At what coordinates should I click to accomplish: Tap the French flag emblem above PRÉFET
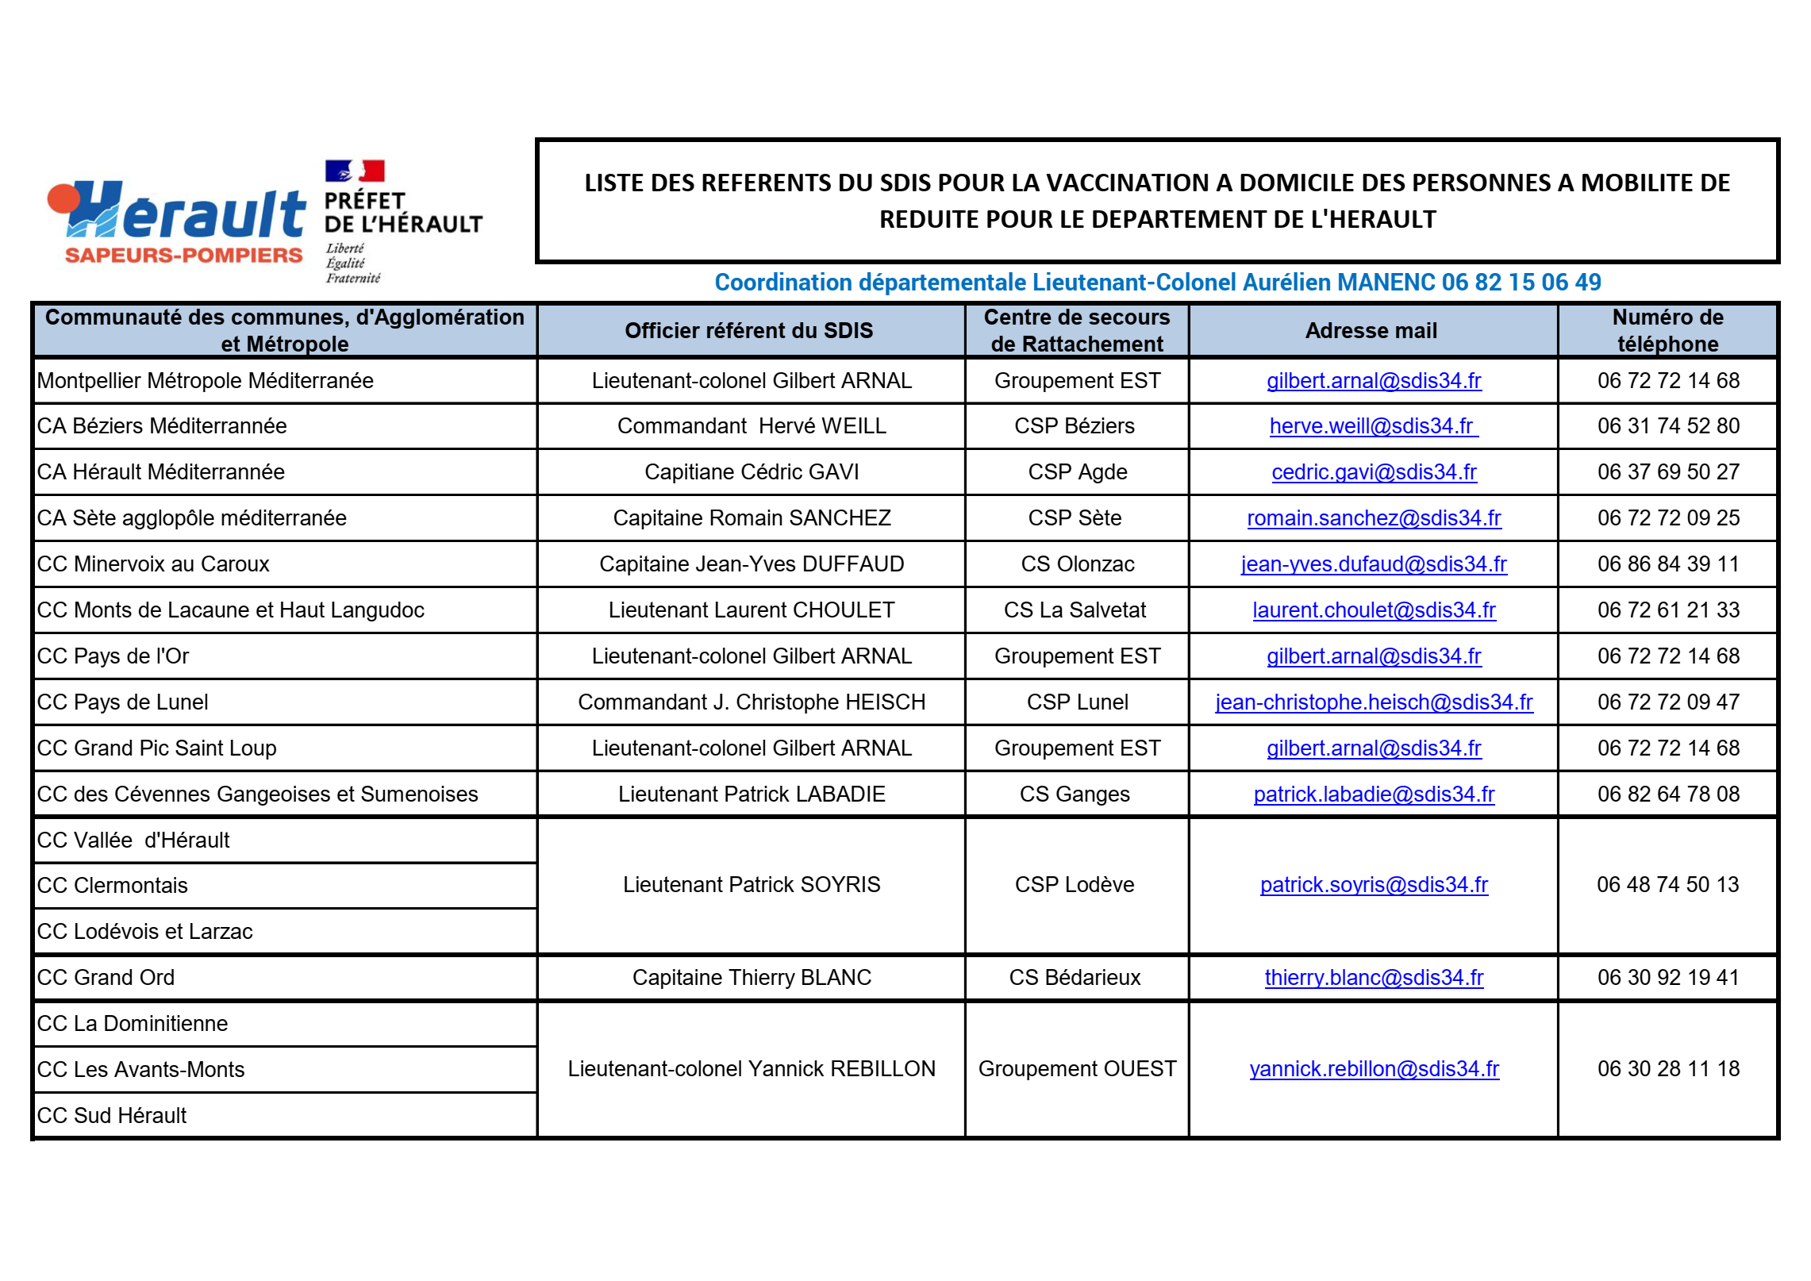pyautogui.click(x=355, y=171)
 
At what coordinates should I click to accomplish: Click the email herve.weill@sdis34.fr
pyautogui.click(x=1372, y=426)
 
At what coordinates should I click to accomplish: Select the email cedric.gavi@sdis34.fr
pyautogui.click(x=1373, y=472)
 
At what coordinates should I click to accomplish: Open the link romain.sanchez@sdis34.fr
pyautogui.click(x=1373, y=518)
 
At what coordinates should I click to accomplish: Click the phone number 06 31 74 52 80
pyautogui.click(x=1667, y=426)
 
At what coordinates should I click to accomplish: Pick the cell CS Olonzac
pyautogui.click(x=1077, y=564)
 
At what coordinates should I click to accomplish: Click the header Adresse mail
pyautogui.click(x=1371, y=331)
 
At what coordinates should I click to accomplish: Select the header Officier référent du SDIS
pyautogui.click(x=748, y=331)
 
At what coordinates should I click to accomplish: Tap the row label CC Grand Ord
pyautogui.click(x=106, y=978)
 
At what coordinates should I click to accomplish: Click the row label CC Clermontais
pyautogui.click(x=112, y=886)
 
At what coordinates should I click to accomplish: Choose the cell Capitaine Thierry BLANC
pyautogui.click(x=751, y=978)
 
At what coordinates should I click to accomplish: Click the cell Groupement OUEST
pyautogui.click(x=1077, y=1069)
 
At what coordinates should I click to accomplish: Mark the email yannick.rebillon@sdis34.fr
pyautogui.click(x=1373, y=1069)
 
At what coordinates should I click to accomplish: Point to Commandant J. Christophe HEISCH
pyautogui.click(x=751, y=702)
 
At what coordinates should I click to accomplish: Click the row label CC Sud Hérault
pyautogui.click(x=111, y=1116)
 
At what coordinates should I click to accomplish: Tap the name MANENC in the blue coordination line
pyautogui.click(x=1386, y=283)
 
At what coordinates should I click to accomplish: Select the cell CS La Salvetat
pyautogui.click(x=1075, y=610)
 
